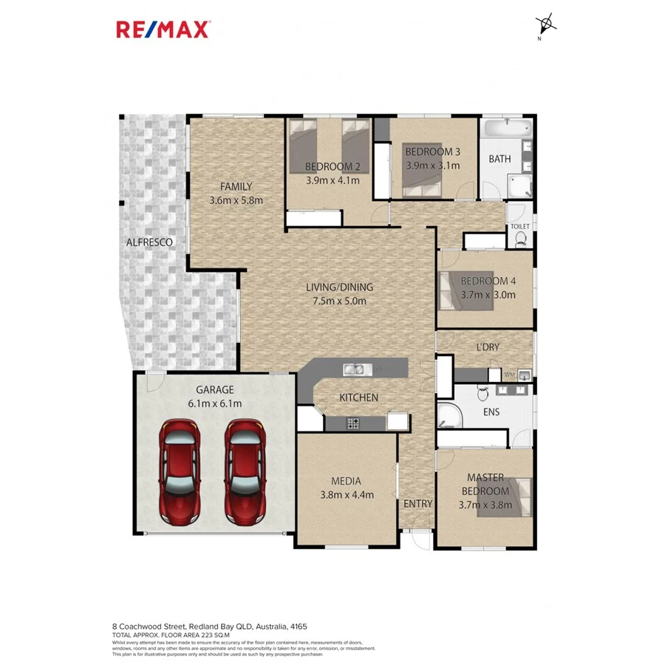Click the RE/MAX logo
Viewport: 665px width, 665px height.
[163, 29]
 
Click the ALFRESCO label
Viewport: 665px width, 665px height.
[149, 242]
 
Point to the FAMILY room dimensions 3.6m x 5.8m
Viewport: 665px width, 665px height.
[236, 200]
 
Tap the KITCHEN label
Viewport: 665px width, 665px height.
[358, 398]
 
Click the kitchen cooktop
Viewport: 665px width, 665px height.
[354, 423]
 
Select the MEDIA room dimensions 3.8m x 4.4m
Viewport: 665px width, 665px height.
[347, 495]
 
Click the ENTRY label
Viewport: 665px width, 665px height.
[417, 504]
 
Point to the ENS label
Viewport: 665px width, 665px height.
[491, 412]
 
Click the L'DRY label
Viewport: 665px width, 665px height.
[488, 347]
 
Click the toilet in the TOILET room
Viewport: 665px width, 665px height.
[521, 238]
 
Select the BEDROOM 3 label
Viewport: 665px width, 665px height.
[432, 152]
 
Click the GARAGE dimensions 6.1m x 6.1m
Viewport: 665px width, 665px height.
[215, 403]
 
